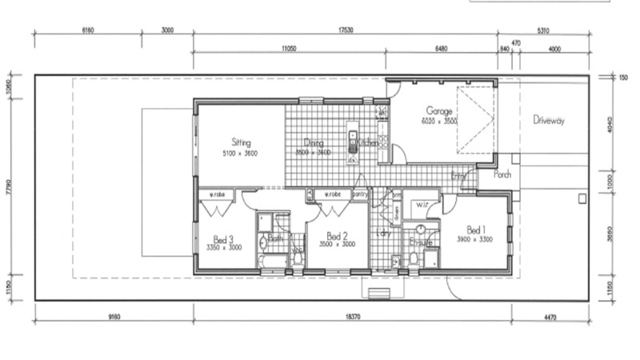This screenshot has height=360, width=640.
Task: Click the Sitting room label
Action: tap(242, 142)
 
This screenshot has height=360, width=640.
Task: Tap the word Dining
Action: tap(313, 142)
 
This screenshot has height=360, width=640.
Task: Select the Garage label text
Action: tap(439, 111)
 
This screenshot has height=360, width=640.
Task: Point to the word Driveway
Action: tap(549, 120)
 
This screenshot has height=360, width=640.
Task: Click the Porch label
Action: tap(502, 174)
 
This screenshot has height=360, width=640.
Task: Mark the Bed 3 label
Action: tap(223, 238)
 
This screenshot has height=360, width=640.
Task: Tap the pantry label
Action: tap(359, 194)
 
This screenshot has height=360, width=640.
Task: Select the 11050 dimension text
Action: tap(289, 49)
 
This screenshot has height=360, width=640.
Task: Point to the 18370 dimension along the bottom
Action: tap(346, 318)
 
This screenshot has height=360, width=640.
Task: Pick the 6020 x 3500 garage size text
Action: tap(439, 121)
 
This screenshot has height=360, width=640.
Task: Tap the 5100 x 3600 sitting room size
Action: tap(242, 152)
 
